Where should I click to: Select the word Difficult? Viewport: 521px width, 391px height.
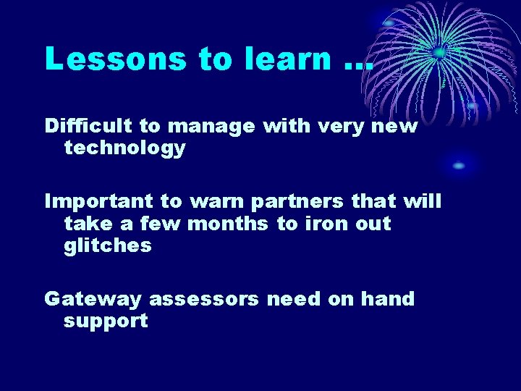click(89, 126)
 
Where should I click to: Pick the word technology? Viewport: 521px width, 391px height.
click(124, 149)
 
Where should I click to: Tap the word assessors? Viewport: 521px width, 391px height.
click(203, 299)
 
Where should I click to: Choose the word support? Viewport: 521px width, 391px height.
click(106, 322)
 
